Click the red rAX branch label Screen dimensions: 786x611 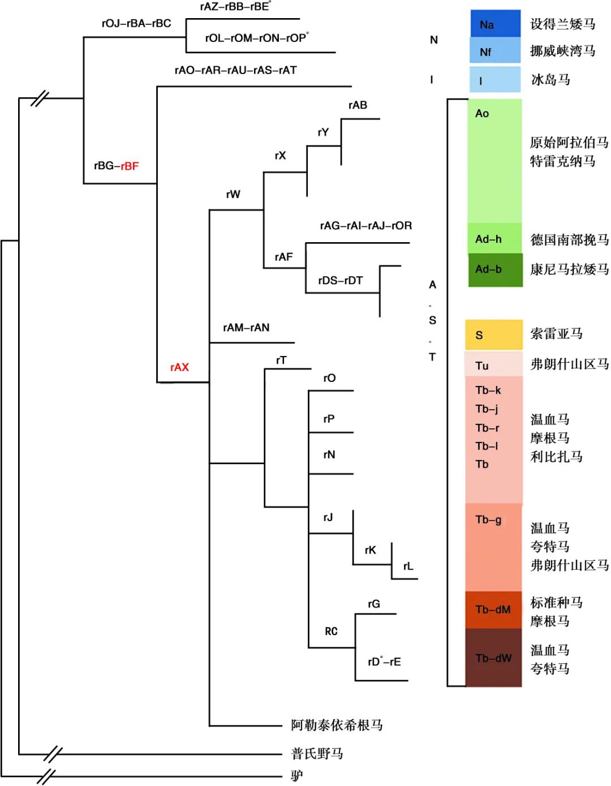pyautogui.click(x=179, y=367)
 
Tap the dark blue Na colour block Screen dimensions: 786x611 pyautogui.click(x=495, y=24)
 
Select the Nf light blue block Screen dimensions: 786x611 pyautogui.click(x=495, y=51)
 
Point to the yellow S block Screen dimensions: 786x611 pyautogui.click(x=493, y=334)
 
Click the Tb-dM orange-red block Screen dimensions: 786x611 pyautogui.click(x=493, y=609)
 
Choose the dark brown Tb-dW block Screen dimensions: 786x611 pyautogui.click(x=493, y=658)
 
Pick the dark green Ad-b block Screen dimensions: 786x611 pyautogui.click(x=495, y=270)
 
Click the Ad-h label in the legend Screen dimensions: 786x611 pyautogui.click(x=488, y=239)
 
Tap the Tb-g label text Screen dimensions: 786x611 pyautogui.click(x=488, y=519)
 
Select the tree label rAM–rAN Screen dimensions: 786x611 pyautogui.click(x=246, y=328)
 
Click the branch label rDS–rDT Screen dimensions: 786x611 pyautogui.click(x=340, y=281)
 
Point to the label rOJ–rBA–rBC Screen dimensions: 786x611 pyautogui.click(x=136, y=23)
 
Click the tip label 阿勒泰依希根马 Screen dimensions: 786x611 pyautogui.click(x=337, y=725)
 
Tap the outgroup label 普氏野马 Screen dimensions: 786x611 pyautogui.click(x=317, y=753)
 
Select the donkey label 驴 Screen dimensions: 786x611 pyautogui.click(x=297, y=775)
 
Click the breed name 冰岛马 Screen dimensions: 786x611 pyautogui.click(x=550, y=79)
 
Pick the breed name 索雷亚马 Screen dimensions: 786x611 pyautogui.click(x=556, y=334)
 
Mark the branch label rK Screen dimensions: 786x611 pyautogui.click(x=371, y=550)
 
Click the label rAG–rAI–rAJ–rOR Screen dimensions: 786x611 pyautogui.click(x=365, y=226)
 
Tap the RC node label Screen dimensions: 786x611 pyautogui.click(x=331, y=631)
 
